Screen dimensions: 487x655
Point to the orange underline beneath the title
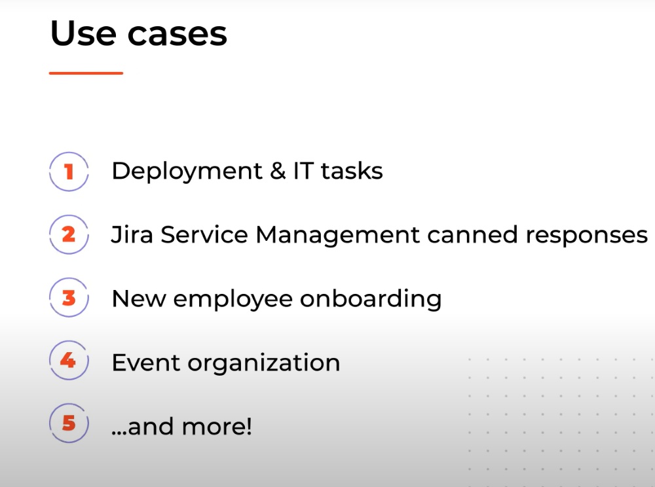86,73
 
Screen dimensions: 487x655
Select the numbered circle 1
68,172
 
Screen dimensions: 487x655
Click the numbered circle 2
68,234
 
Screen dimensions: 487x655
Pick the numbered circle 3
68,298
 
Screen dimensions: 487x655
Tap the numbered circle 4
68,360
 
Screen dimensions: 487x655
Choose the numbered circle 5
68,424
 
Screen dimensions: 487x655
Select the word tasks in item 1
352,171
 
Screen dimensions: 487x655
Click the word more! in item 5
217,427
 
